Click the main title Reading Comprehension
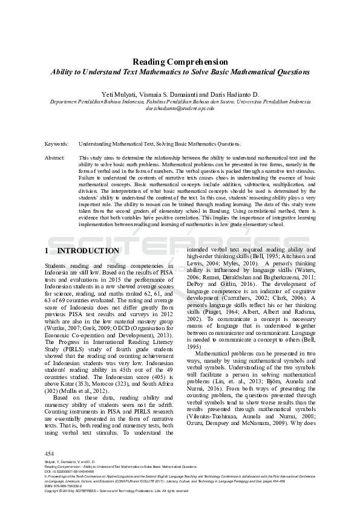click(x=180, y=62)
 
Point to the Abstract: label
click(x=55, y=157)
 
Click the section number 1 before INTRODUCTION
click(x=47, y=250)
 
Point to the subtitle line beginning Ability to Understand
click(x=180, y=72)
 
